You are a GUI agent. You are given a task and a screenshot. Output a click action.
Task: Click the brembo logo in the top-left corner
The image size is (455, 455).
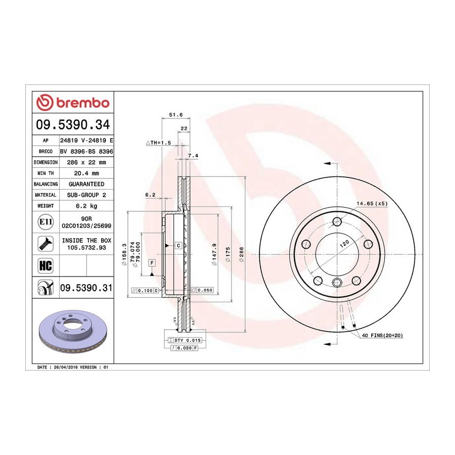[x=73, y=103]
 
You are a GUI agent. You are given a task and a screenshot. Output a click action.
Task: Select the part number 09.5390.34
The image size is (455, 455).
[x=73, y=124]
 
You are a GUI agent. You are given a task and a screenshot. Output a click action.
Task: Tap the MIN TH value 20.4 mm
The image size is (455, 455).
[x=86, y=173]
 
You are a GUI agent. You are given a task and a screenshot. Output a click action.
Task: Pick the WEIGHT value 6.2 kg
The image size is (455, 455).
[x=86, y=206]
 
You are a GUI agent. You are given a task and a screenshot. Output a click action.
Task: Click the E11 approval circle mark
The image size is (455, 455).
[x=45, y=222]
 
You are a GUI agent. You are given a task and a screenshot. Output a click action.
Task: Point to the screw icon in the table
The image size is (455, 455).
[x=45, y=244]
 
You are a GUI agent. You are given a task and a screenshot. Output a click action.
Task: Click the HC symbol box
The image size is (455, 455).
[x=45, y=265]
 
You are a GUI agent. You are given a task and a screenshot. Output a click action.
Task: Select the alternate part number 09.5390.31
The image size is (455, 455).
[x=86, y=288]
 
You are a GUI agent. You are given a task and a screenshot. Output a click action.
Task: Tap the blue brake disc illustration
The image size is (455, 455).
[x=73, y=330]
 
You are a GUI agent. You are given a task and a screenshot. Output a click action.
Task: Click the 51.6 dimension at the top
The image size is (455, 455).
[x=176, y=115]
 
